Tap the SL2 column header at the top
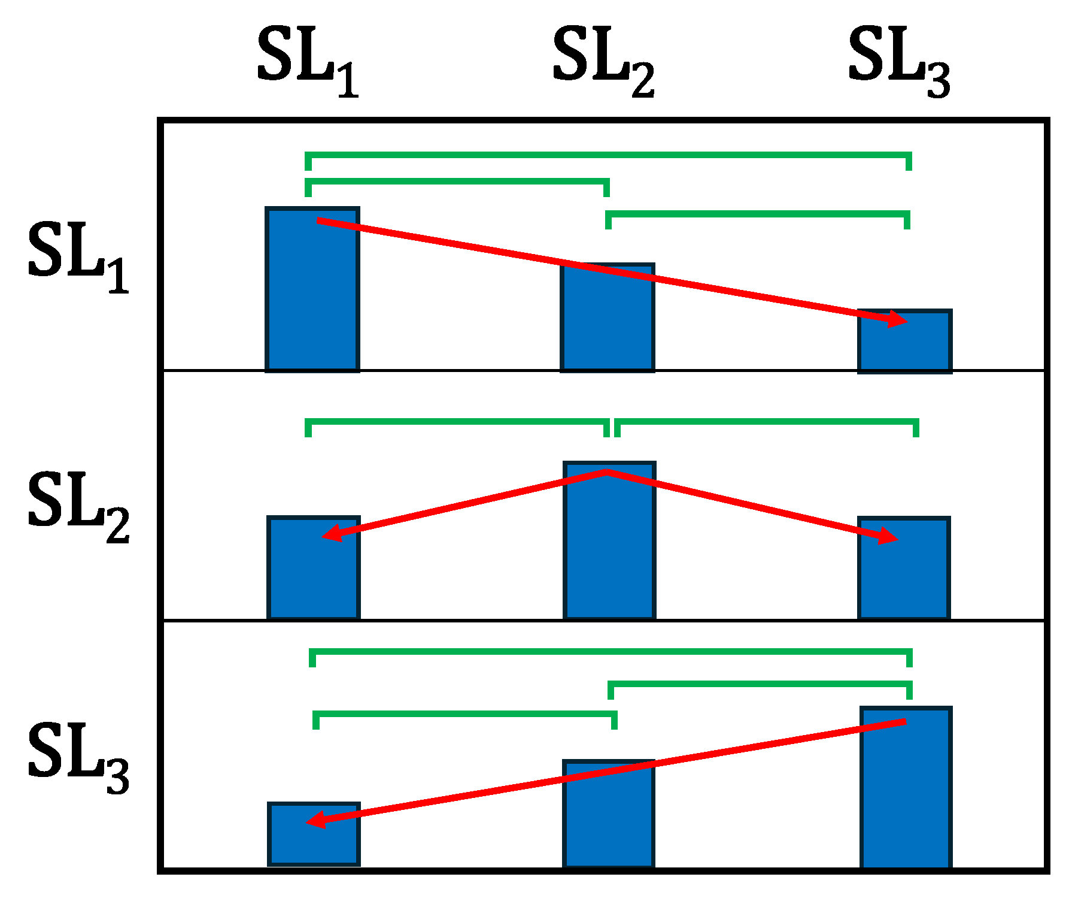coord(603,60)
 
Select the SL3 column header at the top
coord(899,60)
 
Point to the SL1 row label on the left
coord(78,255)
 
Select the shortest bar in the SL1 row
coord(904,344)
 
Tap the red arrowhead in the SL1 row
coord(898,320)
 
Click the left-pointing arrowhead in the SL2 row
coord(332,533)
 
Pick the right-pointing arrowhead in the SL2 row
coord(889,537)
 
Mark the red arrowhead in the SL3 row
coord(316,820)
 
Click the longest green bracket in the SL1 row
coord(608,155)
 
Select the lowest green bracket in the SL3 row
coord(464,713)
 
